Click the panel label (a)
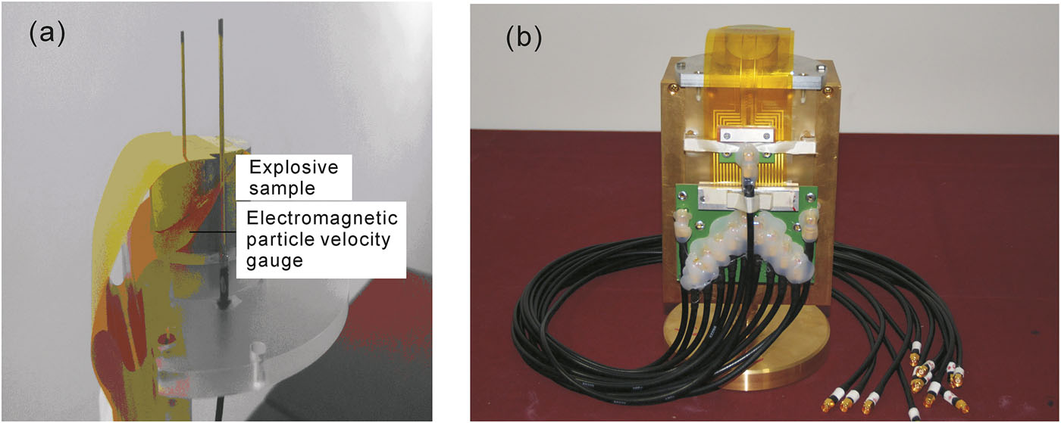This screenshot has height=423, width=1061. tap(46, 35)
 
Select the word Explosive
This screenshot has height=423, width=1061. tap(294, 167)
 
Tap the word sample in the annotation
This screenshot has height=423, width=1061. tap(282, 188)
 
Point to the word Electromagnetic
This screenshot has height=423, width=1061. tap(322, 218)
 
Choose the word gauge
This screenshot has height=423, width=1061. tap(274, 261)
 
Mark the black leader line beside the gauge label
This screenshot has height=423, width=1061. tap(213, 232)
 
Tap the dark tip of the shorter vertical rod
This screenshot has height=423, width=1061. tap(183, 37)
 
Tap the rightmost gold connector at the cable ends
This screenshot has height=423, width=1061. tap(961, 406)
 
